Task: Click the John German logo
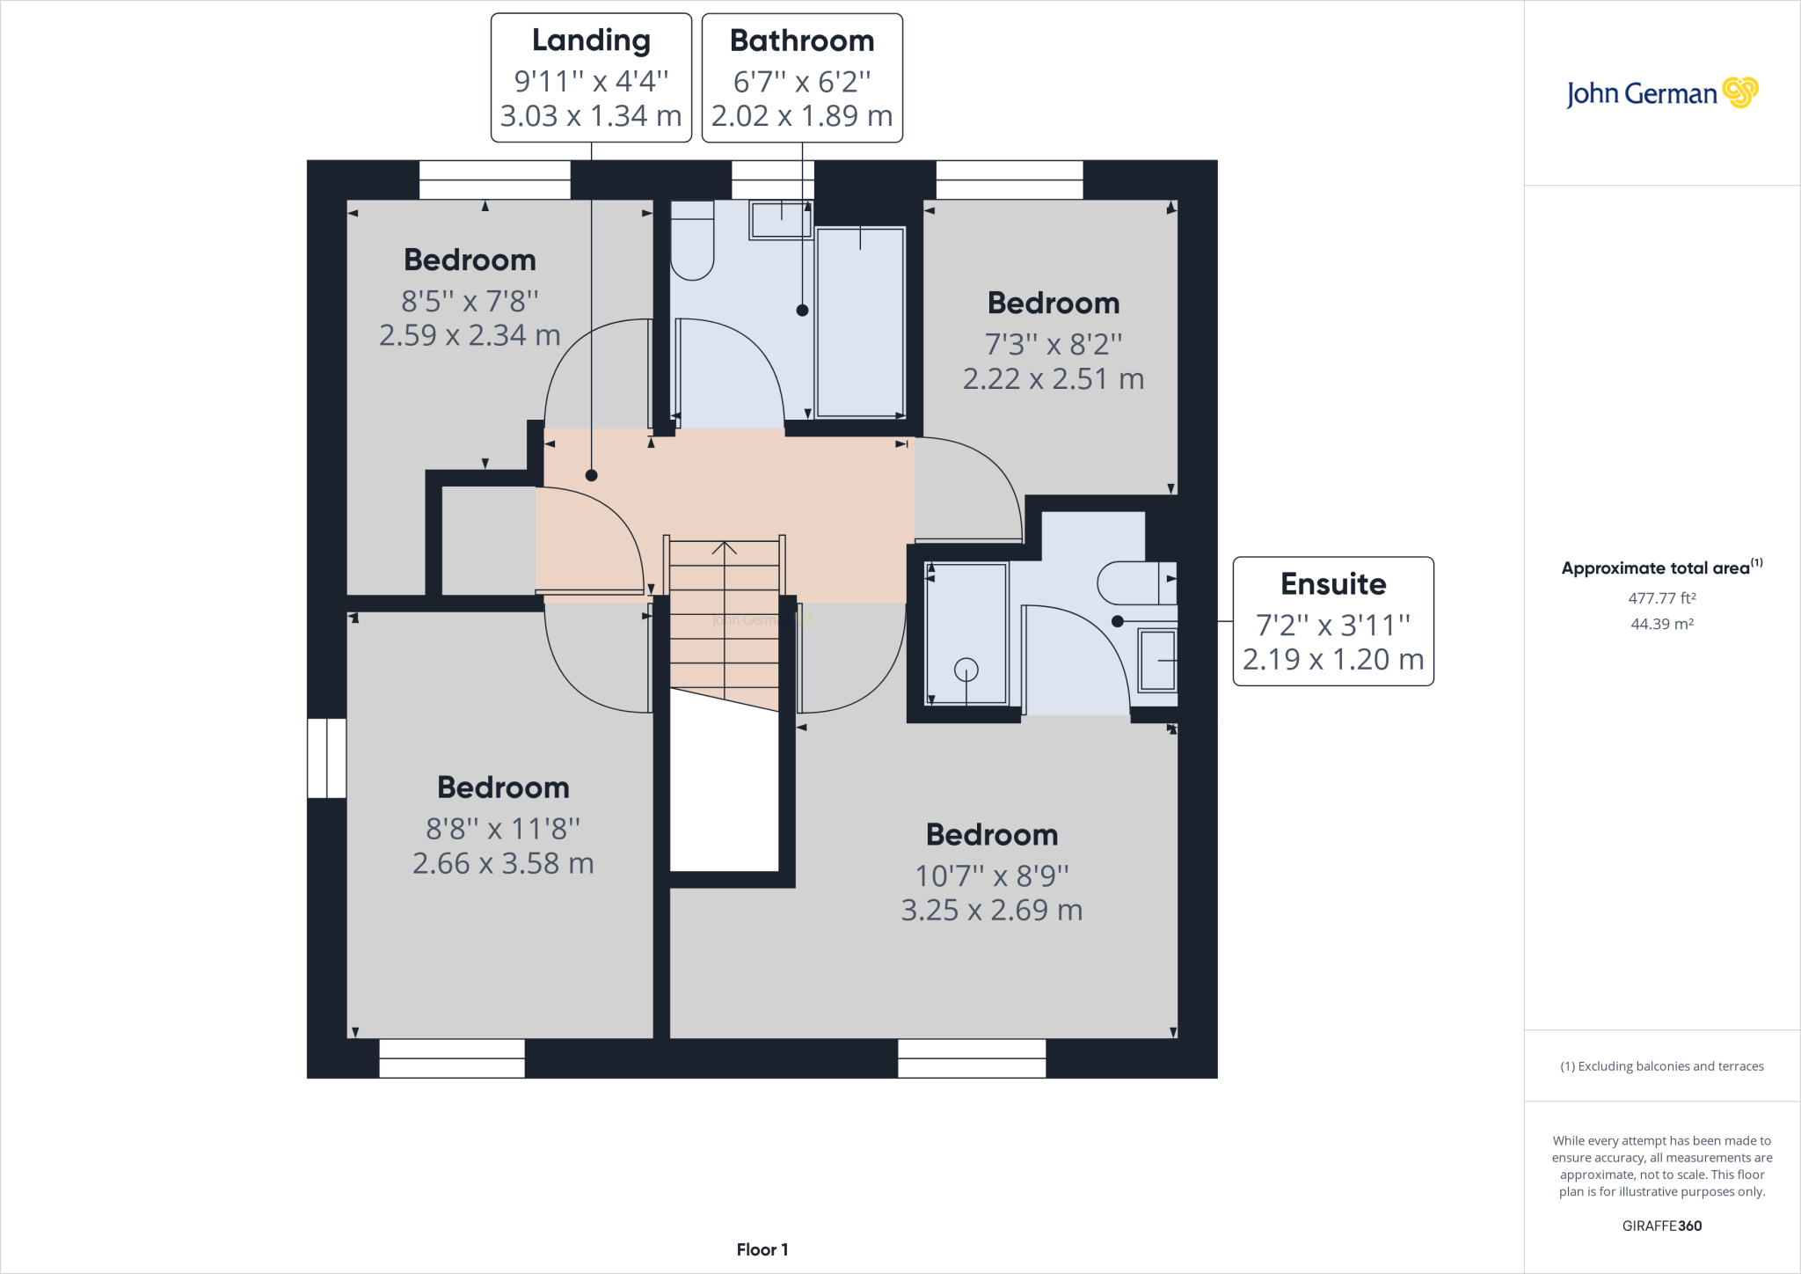click(1662, 92)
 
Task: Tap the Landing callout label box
click(591, 77)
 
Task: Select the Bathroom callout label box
click(802, 77)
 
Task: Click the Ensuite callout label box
click(1333, 621)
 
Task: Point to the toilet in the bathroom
click(692, 240)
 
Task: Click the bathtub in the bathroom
click(860, 322)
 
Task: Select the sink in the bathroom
click(780, 219)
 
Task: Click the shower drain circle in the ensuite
click(966, 670)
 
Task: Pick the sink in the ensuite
click(1157, 660)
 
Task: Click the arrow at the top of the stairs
click(725, 548)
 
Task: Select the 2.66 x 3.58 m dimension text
click(503, 863)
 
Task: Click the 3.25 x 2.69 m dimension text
click(992, 910)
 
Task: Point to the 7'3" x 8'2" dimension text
click(1054, 344)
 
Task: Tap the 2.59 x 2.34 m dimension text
click(470, 335)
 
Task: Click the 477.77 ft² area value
click(1662, 597)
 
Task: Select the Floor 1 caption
click(762, 1249)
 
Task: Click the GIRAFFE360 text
click(1662, 1226)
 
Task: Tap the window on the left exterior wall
click(326, 758)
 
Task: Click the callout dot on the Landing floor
click(592, 475)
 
